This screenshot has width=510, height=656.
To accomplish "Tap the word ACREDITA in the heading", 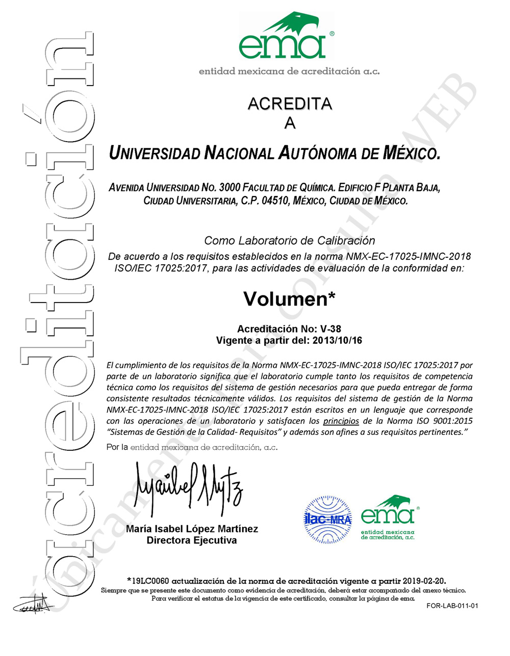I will [x=290, y=104].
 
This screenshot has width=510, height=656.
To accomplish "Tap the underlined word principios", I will [x=341, y=421].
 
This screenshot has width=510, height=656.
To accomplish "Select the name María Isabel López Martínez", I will [x=192, y=529].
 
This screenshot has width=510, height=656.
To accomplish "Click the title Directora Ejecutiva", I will [x=192, y=540].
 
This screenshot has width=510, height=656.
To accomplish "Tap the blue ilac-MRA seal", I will [x=328, y=520].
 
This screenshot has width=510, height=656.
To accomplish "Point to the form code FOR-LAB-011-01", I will [x=452, y=606].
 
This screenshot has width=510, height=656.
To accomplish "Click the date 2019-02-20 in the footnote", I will [x=424, y=581].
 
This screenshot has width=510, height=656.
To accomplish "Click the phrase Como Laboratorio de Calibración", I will [x=290, y=240].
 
